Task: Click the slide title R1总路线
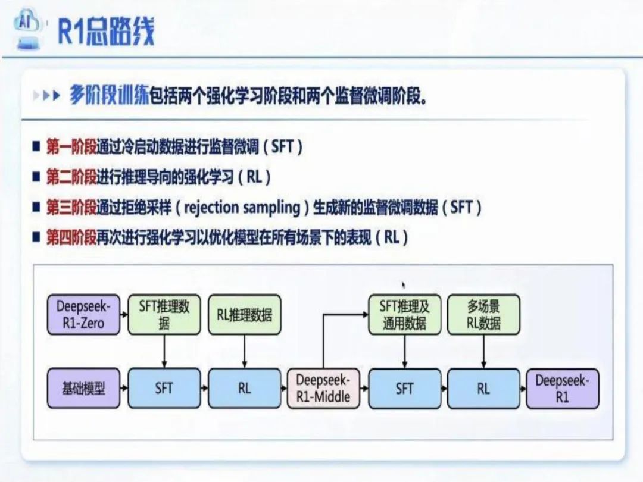[x=106, y=31]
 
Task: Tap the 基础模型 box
[x=83, y=389]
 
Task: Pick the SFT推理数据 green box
[x=164, y=315]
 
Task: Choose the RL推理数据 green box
[x=244, y=315]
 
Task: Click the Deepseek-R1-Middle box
[x=323, y=389]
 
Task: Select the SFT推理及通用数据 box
[x=405, y=315]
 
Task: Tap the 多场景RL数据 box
[x=483, y=315]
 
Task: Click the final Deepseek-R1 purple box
[x=562, y=389]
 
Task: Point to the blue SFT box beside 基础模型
[x=164, y=389]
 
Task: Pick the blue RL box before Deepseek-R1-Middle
[x=244, y=389]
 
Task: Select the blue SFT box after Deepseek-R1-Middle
[x=405, y=389]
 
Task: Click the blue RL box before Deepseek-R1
[x=483, y=389]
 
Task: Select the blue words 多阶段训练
[x=108, y=96]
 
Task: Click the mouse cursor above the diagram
[x=404, y=286]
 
